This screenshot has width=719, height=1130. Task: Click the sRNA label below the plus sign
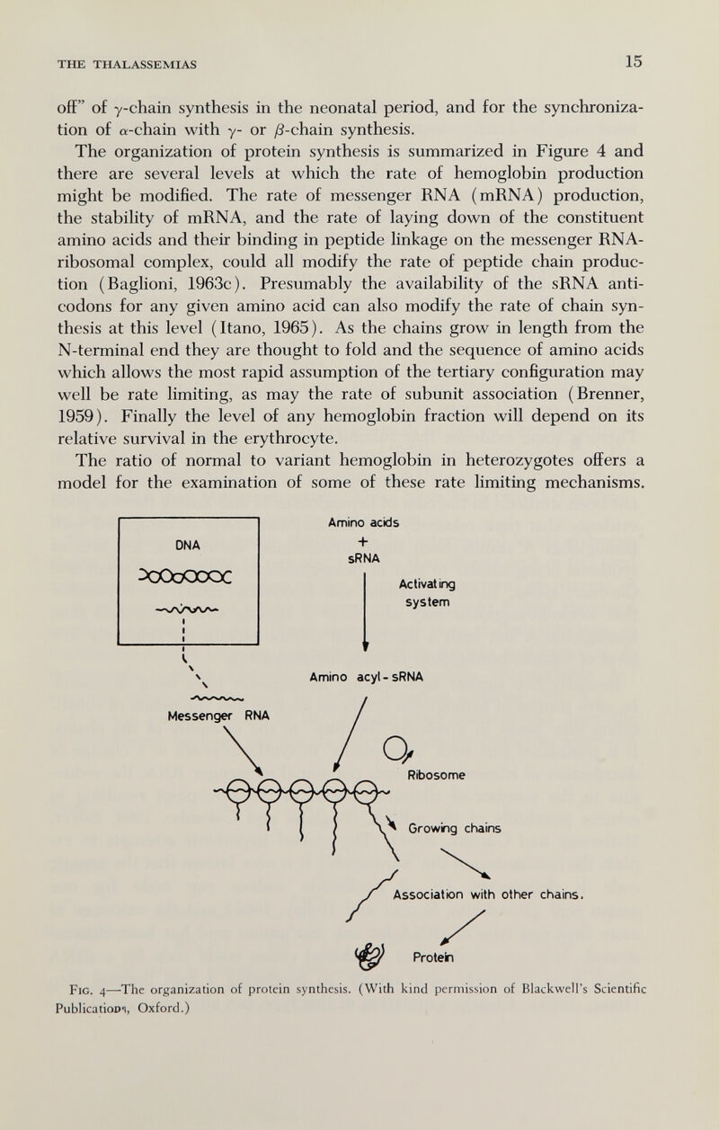[366, 558]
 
